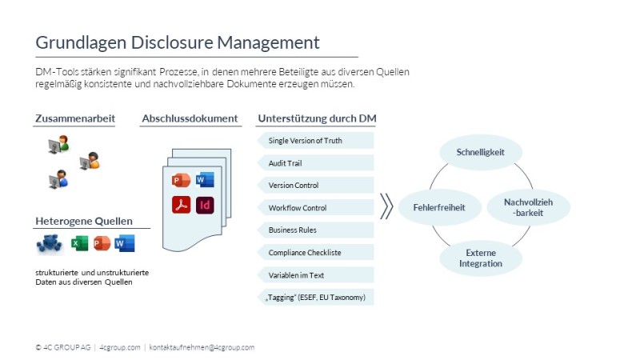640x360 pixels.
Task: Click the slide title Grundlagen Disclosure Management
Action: click(x=177, y=42)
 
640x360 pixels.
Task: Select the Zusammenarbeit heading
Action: click(x=75, y=118)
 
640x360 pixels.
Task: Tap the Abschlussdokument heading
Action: click(x=190, y=118)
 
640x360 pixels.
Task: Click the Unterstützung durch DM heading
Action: click(x=317, y=118)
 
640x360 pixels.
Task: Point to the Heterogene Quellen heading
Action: click(x=84, y=221)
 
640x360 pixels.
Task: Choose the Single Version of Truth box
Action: click(x=316, y=141)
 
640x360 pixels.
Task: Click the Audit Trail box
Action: click(x=316, y=163)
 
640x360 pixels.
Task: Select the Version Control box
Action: click(x=316, y=186)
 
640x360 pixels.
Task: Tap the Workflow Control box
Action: click(x=316, y=208)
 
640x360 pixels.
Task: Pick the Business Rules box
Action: click(x=316, y=230)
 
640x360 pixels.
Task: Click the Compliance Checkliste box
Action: click(x=316, y=253)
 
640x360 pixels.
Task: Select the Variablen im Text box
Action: click(x=316, y=275)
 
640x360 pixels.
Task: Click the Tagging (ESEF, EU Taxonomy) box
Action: click(x=316, y=298)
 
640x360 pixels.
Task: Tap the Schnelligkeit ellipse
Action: click(x=480, y=152)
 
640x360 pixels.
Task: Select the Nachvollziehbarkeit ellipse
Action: click(x=529, y=207)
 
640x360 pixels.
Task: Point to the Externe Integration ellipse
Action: click(x=481, y=258)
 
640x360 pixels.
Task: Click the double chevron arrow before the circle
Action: click(x=386, y=206)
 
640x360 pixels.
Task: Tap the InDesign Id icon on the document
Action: click(x=205, y=205)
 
